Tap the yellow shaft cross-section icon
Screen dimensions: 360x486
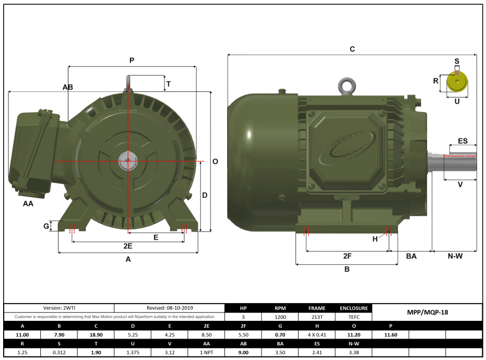(457, 82)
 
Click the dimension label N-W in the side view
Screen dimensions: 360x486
(455, 256)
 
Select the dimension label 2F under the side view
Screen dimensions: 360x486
(347, 256)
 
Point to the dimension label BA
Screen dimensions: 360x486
(411, 256)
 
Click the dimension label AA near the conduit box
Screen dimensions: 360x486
(28, 204)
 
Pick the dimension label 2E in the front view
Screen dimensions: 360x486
(127, 246)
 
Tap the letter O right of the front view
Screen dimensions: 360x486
(215, 161)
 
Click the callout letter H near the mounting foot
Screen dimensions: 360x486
(375, 239)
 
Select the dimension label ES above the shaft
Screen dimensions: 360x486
(463, 141)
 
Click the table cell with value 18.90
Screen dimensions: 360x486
(96, 334)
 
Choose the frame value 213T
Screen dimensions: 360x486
(317, 317)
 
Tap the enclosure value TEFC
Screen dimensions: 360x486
(354, 317)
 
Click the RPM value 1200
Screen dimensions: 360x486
(280, 317)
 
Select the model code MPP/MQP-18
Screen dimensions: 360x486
(427, 312)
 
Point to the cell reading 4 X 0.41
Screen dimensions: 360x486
(317, 334)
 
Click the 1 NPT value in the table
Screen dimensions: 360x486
(206, 353)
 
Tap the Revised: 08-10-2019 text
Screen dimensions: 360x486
(169, 308)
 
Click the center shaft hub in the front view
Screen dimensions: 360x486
(127, 161)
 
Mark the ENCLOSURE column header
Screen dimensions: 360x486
(354, 308)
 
